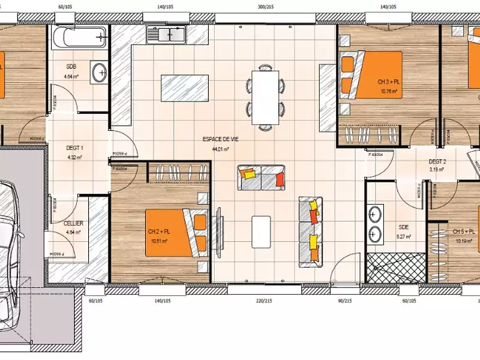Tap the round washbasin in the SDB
click(100, 73)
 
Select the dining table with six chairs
click(265, 96)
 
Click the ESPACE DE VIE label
click(217, 139)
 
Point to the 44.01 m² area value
click(217, 149)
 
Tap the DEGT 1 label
click(75, 148)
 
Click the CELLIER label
click(73, 223)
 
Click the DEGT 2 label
click(437, 161)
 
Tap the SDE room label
click(403, 227)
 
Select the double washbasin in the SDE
click(376, 223)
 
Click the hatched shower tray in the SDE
click(395, 266)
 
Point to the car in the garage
click(9, 240)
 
